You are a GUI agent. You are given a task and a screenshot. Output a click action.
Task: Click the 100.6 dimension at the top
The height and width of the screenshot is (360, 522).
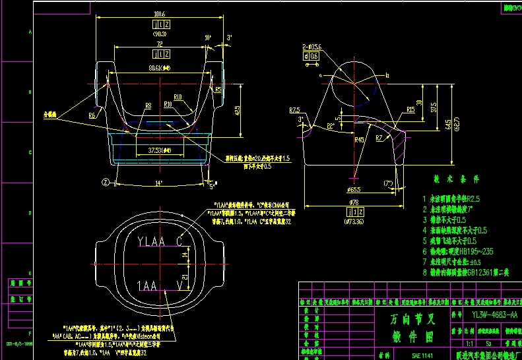[160, 13]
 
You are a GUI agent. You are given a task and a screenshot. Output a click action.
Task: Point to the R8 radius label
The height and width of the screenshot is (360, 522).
[148, 105]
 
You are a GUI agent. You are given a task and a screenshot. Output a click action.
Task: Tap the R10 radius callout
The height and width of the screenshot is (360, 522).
[168, 104]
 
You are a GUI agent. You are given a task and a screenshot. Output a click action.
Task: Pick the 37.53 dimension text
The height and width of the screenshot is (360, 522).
[157, 151]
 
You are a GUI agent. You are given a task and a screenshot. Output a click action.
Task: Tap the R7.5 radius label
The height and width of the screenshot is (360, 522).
[294, 109]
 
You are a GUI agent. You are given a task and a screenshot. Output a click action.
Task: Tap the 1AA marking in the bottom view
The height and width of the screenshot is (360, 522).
[147, 285]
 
